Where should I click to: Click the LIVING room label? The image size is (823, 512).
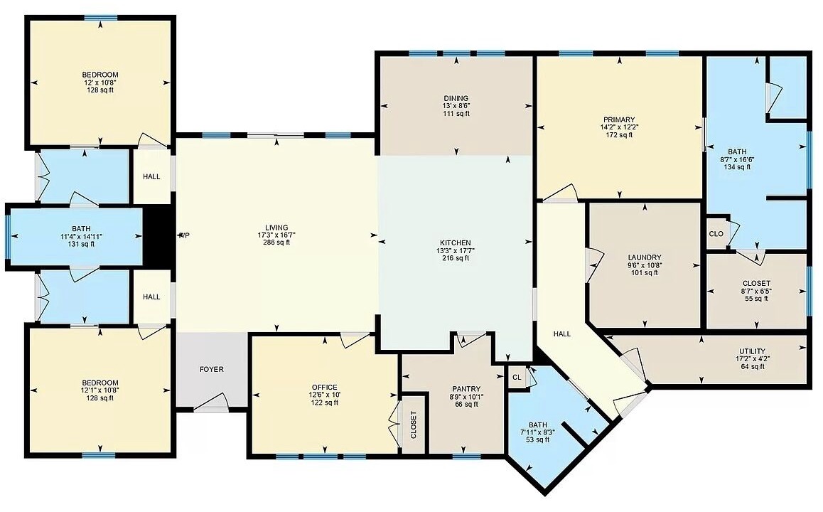tap(276, 228)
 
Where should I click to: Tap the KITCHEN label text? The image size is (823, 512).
tap(455, 243)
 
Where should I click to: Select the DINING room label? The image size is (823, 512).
tap(456, 98)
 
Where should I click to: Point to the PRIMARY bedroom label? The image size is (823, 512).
tap(619, 119)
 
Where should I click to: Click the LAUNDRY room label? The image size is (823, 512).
tap(645, 257)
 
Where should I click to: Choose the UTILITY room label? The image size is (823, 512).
tap(752, 351)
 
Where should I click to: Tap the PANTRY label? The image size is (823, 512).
tap(466, 390)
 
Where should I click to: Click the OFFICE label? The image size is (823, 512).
tap(324, 388)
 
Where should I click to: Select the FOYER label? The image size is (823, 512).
tap(212, 370)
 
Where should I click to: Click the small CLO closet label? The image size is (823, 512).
tap(716, 234)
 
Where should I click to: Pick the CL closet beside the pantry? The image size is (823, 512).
tap(517, 378)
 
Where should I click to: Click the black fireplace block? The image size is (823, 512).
tap(158, 236)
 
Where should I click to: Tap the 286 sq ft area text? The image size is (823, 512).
tap(276, 242)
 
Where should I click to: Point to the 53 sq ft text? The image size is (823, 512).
tap(538, 440)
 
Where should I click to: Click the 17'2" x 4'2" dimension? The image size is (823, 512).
tap(752, 359)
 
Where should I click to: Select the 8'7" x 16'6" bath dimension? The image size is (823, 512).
tap(737, 159)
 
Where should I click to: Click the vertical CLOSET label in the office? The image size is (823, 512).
tap(413, 425)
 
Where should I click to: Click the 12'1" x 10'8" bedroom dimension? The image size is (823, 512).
tap(99, 390)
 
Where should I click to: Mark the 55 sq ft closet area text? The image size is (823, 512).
tap(756, 299)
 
